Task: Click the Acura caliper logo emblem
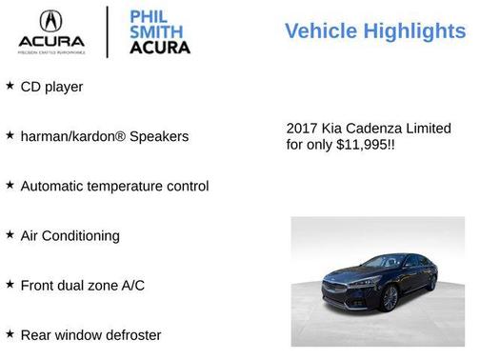(51, 21)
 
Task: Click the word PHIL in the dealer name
(146, 16)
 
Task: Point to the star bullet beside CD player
(10, 86)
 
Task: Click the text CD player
(51, 87)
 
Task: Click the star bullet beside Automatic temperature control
(10, 185)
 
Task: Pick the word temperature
(127, 186)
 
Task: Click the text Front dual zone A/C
(82, 285)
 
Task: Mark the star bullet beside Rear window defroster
(10, 333)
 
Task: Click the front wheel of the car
(389, 298)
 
